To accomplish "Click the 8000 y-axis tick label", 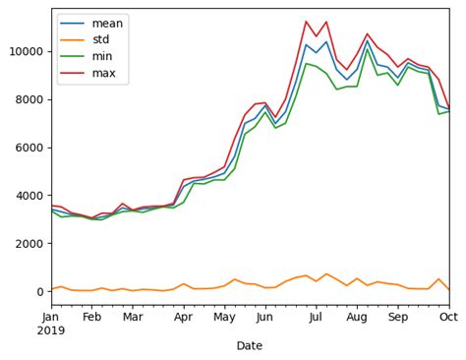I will click(x=27, y=99).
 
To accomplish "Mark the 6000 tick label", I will click(x=27, y=148).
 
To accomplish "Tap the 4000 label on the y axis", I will click(x=27, y=196).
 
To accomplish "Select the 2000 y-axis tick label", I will click(x=27, y=243).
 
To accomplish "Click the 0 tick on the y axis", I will click(x=39, y=291).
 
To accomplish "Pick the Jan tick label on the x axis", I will click(x=51, y=317).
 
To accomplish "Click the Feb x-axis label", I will click(x=91, y=317).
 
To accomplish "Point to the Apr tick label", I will click(x=184, y=317).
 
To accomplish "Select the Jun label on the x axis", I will click(x=264, y=317).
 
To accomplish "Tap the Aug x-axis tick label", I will click(x=357, y=317).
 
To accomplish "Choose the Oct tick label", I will click(x=448, y=317).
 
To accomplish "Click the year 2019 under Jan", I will click(x=51, y=330).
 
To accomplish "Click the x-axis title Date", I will click(x=250, y=345).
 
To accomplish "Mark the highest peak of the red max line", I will click(x=306, y=22).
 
